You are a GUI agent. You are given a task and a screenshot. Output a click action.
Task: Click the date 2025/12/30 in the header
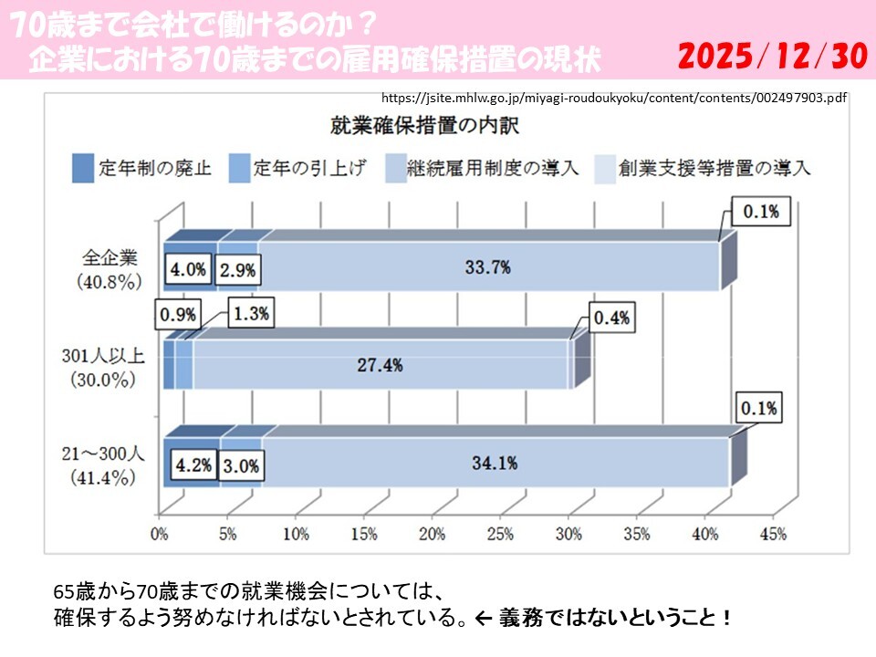pyautogui.click(x=772, y=57)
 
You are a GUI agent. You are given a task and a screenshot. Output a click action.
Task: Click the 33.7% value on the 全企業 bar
pyautogui.click(x=487, y=267)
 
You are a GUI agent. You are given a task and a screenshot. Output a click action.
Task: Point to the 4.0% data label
pyautogui.click(x=189, y=269)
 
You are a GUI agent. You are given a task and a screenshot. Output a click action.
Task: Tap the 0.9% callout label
pyautogui.click(x=177, y=315)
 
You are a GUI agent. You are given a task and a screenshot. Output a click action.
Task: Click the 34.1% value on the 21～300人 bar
pyautogui.click(x=494, y=463)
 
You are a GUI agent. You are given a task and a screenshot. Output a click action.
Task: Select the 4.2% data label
pyautogui.click(x=193, y=464)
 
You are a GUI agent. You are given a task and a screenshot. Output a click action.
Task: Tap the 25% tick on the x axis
pyautogui.click(x=500, y=535)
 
